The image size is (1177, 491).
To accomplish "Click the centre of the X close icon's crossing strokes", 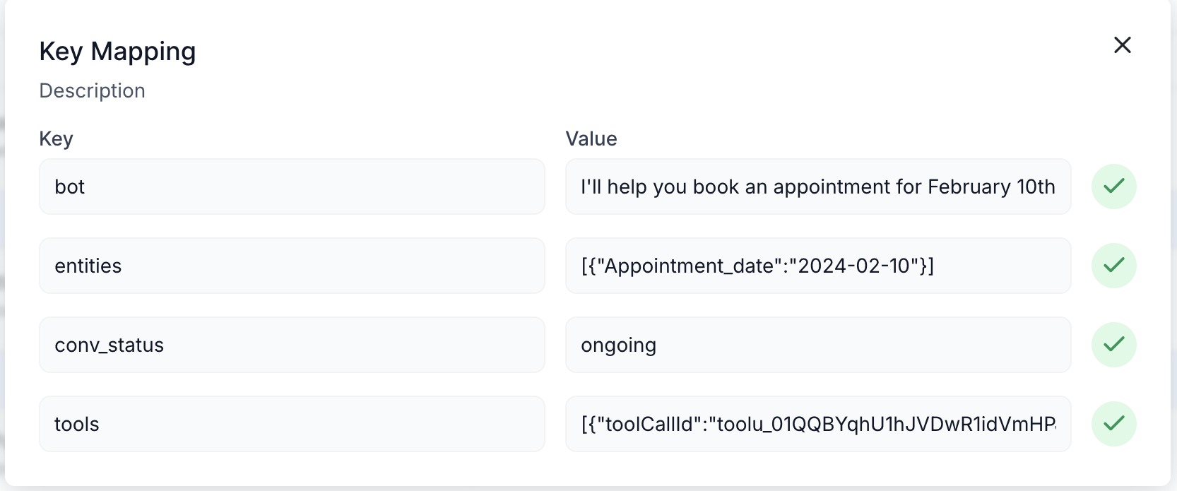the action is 1123,45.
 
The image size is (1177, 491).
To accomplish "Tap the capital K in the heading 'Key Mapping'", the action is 47,52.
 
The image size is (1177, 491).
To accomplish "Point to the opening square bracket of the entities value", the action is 584,266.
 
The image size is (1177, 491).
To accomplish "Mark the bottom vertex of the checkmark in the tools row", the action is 1111,430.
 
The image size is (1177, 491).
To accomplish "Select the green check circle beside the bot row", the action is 1114,187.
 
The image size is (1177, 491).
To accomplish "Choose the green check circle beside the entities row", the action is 1114,266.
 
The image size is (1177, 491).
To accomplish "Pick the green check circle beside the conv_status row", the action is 1114,345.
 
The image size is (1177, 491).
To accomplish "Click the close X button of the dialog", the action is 1123,45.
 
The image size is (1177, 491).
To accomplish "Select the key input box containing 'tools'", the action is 292,424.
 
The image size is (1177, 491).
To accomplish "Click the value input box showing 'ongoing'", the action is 818,345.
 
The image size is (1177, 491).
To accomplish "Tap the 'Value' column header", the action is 591,138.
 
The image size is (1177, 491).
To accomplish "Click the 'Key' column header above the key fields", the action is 57,138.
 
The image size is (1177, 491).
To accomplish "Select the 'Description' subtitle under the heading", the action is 92,91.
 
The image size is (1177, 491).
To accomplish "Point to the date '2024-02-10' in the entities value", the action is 854,266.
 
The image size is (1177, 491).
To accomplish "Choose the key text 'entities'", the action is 88,266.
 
